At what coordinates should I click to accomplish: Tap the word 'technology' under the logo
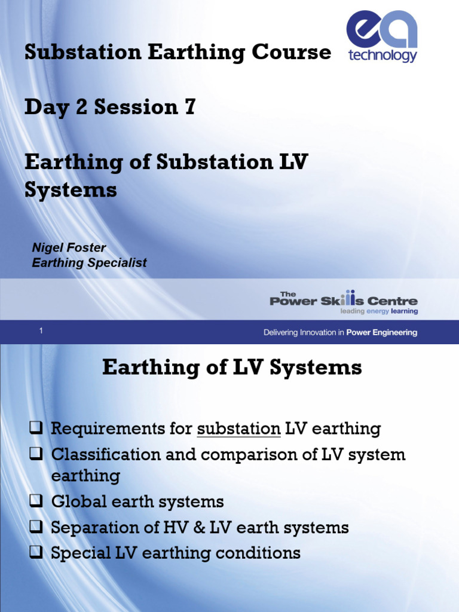tap(382, 56)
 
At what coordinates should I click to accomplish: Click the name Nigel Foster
tap(69, 247)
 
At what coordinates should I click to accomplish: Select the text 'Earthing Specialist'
tap(88, 262)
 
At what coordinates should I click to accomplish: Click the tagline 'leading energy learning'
tap(379, 311)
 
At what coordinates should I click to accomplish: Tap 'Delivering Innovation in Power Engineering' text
tap(340, 332)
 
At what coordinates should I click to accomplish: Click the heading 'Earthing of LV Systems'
tap(232, 367)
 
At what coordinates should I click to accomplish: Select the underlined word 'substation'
tap(238, 429)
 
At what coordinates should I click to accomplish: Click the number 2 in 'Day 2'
tap(78, 107)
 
